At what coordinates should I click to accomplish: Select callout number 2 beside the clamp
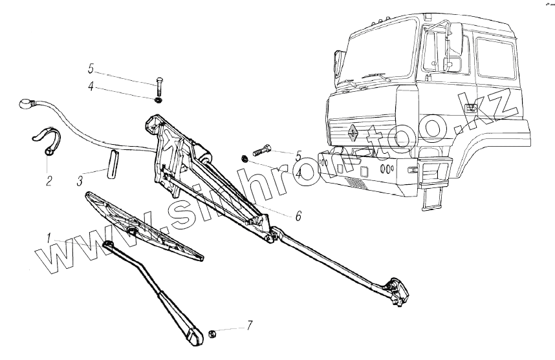click(x=49, y=180)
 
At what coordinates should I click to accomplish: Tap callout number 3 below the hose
click(x=80, y=180)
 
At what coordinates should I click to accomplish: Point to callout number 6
click(x=298, y=217)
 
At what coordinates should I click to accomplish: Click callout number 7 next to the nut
click(x=249, y=324)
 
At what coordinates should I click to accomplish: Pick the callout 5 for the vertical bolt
click(x=91, y=67)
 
